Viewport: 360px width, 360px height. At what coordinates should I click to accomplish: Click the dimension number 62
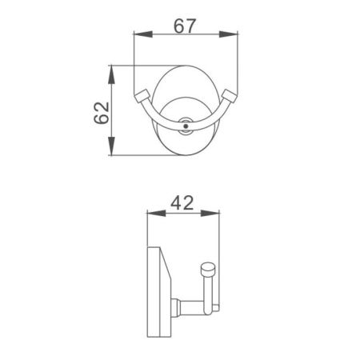(102, 112)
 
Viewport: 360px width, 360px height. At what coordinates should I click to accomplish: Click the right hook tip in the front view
(230, 97)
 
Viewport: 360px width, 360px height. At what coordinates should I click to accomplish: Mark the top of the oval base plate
(186, 68)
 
